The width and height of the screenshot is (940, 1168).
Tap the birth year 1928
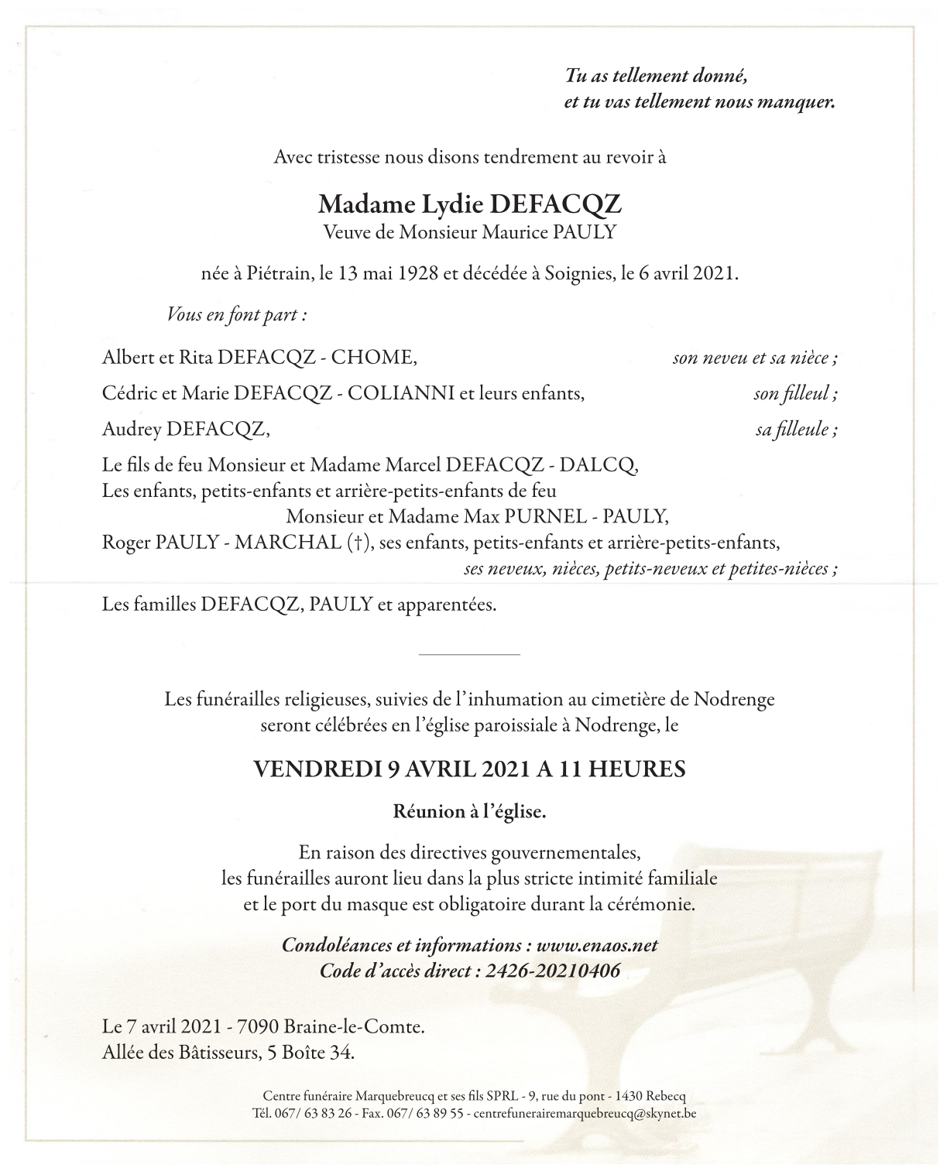[407, 274]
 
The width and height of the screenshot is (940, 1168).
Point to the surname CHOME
[376, 358]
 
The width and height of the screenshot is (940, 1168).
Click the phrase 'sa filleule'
[795, 429]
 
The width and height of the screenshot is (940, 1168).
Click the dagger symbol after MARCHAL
[355, 542]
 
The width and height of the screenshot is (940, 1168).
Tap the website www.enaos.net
[597, 945]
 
